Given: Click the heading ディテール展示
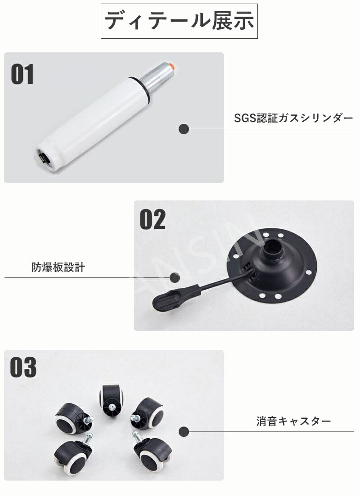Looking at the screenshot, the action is coord(179,21).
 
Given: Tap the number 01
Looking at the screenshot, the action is coord(22,74).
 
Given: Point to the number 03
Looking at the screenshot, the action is coord(23,367).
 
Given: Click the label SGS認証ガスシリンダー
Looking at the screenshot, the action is coord(293,118).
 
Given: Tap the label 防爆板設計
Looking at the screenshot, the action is coord(58,267).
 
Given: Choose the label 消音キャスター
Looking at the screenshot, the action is coord(293,421).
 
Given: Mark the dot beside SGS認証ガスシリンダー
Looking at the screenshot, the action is coord(184,129).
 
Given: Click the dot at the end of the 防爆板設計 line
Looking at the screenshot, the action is coord(175,277).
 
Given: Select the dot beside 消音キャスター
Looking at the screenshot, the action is coord(184,431).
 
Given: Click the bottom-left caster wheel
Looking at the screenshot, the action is coord(73,454).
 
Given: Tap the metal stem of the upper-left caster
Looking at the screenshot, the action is coord(90,419).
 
